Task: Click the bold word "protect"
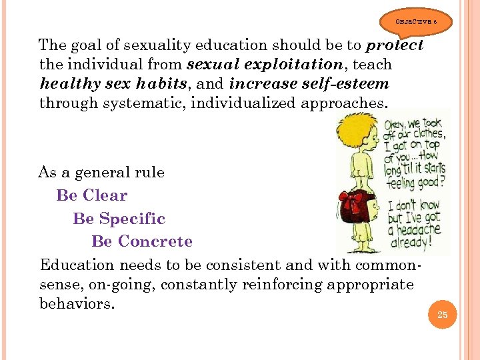point(395,46)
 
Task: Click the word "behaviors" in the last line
point(76,304)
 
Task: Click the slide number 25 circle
point(443,315)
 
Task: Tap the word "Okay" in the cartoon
point(399,125)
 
